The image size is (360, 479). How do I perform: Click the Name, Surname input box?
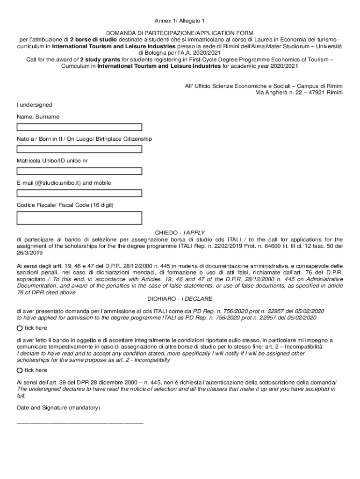[x=79, y=127]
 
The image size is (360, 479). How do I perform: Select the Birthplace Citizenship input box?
[x=79, y=149]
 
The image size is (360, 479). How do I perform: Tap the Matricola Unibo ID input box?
[x=79, y=171]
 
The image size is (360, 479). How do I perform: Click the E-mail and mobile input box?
[x=79, y=193]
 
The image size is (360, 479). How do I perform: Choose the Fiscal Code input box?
[x=79, y=218]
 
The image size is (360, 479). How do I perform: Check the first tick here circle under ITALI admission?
[x=20, y=328]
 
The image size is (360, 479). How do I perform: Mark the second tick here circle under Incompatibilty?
[x=20, y=370]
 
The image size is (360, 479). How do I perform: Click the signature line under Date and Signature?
[x=79, y=422]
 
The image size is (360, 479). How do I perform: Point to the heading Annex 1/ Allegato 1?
[x=180, y=21]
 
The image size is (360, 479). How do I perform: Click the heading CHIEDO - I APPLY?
[x=180, y=232]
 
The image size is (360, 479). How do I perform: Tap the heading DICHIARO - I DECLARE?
[x=180, y=298]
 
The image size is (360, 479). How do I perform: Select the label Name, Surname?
[x=38, y=116]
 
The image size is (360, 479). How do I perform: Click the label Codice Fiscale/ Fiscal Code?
[x=65, y=205]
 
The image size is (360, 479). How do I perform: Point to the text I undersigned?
[x=34, y=105]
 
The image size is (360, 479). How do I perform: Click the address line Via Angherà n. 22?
[x=299, y=93]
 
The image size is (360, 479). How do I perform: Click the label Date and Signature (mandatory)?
[x=58, y=408]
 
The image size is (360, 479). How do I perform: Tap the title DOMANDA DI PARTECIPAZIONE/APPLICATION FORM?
[x=180, y=33]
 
